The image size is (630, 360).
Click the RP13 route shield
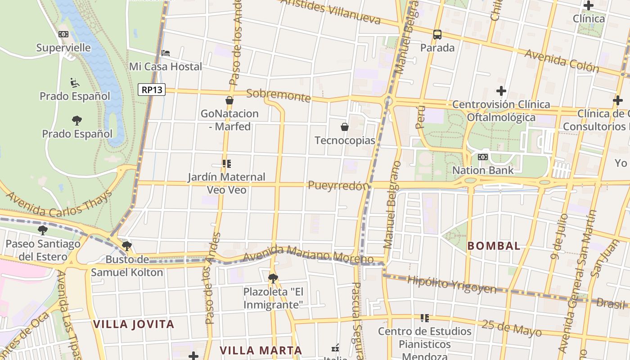(152, 90)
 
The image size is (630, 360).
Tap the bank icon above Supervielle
(63, 34)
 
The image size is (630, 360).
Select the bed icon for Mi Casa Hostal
(166, 53)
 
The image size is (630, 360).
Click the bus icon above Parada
(437, 34)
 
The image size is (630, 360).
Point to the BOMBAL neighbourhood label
(494, 246)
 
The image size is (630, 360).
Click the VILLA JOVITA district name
(133, 324)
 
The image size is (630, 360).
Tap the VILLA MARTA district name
(261, 350)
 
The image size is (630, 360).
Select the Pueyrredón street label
(338, 185)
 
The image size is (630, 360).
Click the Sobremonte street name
(279, 95)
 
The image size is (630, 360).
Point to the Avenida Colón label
(562, 61)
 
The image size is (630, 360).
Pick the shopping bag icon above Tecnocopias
(345, 127)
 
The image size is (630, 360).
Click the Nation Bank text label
(483, 170)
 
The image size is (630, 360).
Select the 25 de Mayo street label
(512, 328)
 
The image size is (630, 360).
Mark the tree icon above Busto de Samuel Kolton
(127, 246)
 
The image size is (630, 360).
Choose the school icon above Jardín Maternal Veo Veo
(226, 163)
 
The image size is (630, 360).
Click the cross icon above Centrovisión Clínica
(501, 91)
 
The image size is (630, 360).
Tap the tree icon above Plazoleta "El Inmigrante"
(273, 278)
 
